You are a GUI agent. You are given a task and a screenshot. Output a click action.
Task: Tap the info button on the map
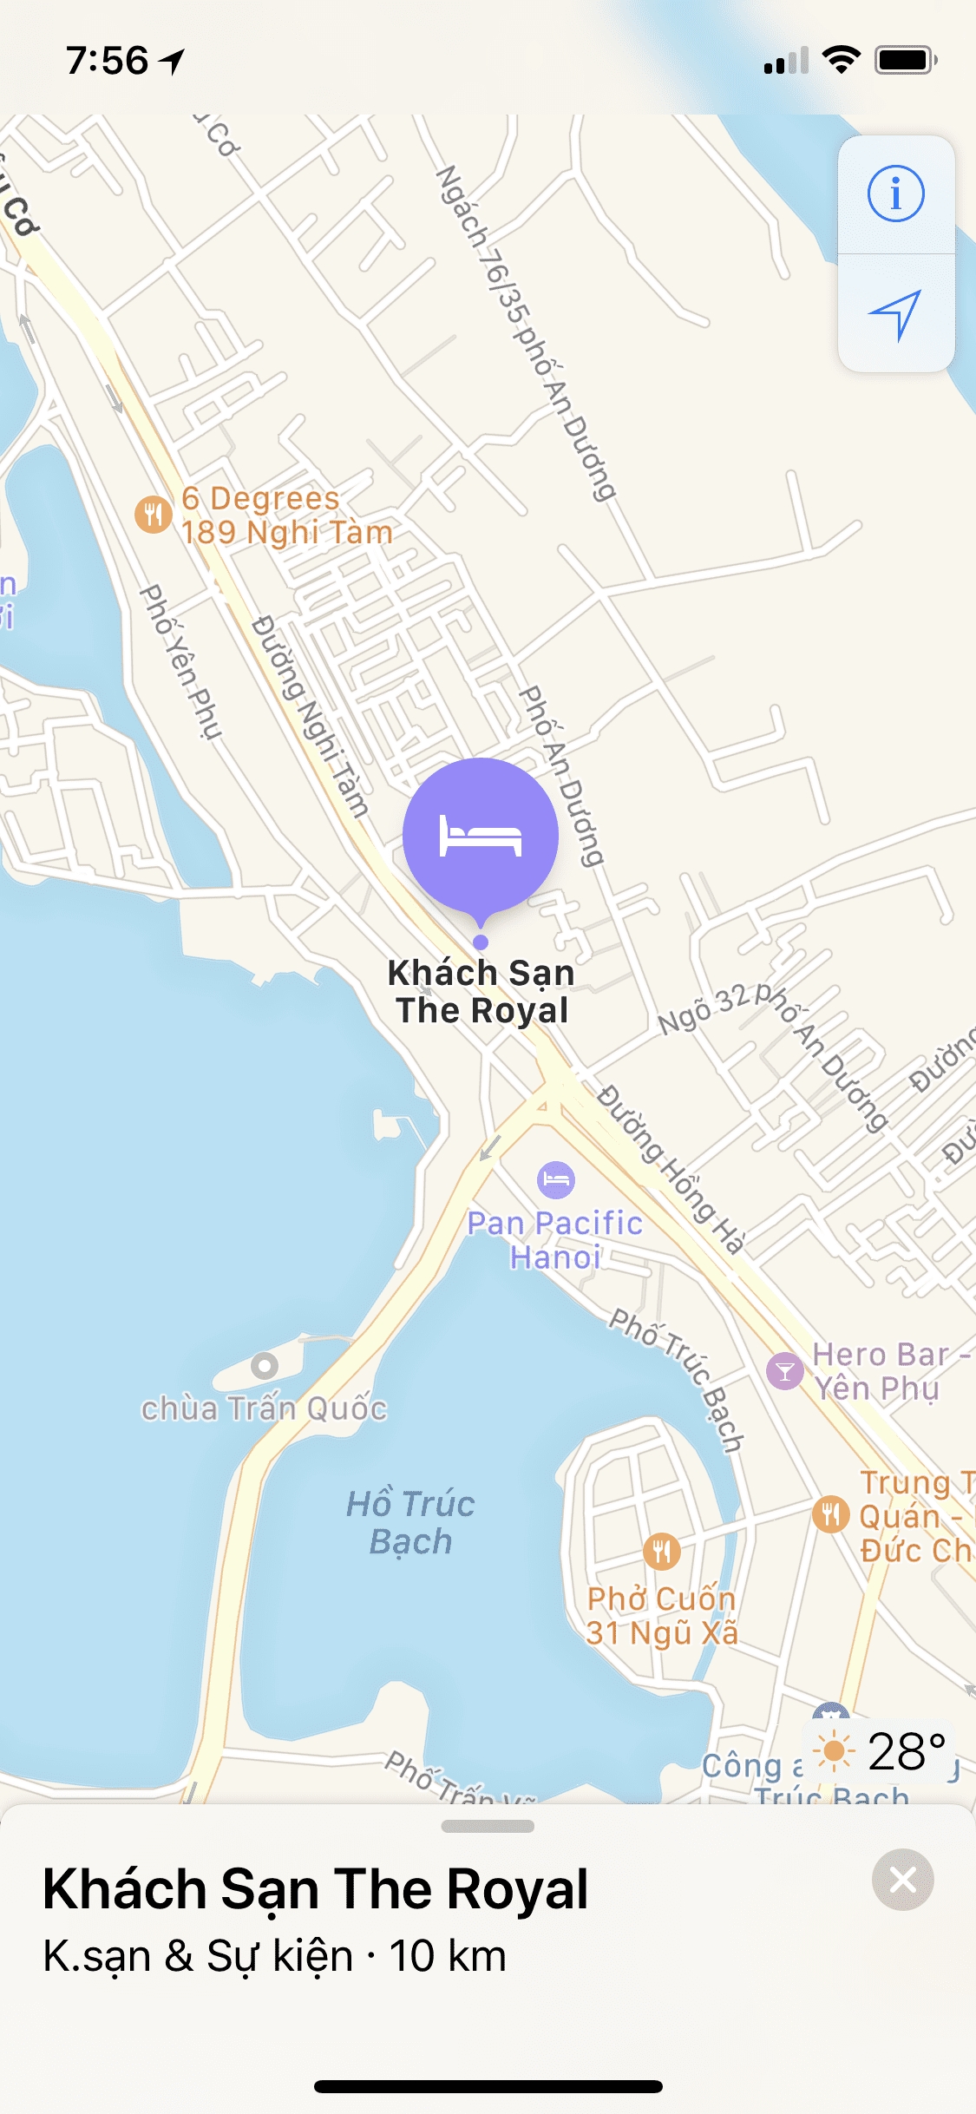click(895, 194)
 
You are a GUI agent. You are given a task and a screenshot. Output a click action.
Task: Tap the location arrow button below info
click(895, 314)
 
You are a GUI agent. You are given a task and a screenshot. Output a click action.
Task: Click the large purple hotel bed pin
click(480, 835)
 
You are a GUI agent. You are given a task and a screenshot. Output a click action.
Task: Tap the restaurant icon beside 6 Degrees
click(153, 515)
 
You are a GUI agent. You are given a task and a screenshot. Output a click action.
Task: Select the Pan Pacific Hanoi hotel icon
click(555, 1179)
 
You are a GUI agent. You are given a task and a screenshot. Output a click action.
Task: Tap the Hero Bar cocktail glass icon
click(784, 1371)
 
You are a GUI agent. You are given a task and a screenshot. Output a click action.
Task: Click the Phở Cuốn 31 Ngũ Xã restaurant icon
click(661, 1551)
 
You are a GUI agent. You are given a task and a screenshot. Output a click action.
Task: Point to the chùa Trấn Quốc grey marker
click(265, 1366)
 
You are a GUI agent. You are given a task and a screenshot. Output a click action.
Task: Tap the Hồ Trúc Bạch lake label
click(410, 1522)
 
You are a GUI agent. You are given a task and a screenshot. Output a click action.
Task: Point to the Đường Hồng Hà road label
click(671, 1168)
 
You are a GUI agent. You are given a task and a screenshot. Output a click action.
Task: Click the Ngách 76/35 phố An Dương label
click(526, 333)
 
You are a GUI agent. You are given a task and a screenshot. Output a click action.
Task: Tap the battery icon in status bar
click(905, 61)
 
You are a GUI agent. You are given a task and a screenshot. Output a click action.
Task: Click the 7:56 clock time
click(108, 61)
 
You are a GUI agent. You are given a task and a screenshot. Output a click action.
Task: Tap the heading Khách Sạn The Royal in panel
click(316, 1888)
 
